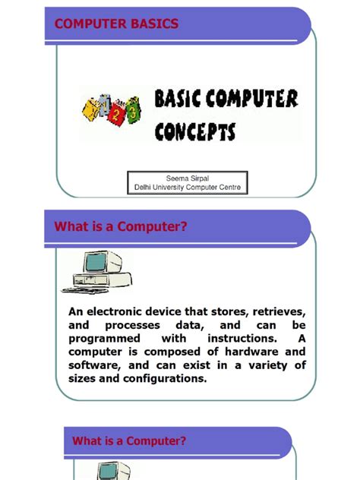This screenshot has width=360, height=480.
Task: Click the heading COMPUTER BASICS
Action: point(116,24)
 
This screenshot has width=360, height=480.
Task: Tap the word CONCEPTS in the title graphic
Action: point(195,131)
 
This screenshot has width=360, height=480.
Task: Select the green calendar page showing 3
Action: point(133,110)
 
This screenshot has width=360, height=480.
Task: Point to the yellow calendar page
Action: point(90,109)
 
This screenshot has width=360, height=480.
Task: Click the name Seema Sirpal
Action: point(188,178)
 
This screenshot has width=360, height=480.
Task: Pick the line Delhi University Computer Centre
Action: point(188,187)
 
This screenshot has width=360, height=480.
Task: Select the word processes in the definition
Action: point(132,325)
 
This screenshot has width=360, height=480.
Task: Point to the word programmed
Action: point(104,339)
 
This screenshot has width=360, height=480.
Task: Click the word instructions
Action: point(242,339)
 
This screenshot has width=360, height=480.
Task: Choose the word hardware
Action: point(251,352)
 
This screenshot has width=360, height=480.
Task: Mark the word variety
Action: point(267,365)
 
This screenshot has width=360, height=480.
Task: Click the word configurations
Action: point(165,379)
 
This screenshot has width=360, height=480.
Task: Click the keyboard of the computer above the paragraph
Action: point(85,290)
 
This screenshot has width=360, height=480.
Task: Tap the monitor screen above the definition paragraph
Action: point(96,262)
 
